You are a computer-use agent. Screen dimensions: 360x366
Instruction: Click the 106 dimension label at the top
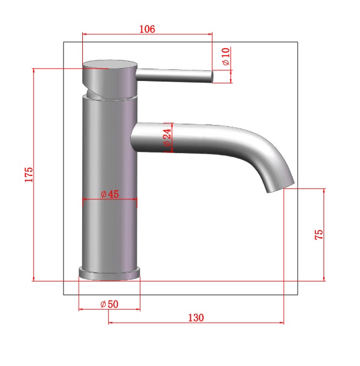[x=147, y=29]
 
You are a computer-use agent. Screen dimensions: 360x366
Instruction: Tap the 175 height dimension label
[x=29, y=175]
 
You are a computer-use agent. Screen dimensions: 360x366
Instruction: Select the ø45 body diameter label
[x=110, y=194]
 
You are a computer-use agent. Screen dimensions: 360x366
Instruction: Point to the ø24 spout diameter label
[x=167, y=137]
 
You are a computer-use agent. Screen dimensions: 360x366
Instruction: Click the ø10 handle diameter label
[x=226, y=56]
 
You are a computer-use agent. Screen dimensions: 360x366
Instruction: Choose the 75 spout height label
[x=319, y=235]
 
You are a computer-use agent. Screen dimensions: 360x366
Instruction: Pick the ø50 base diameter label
[x=109, y=304]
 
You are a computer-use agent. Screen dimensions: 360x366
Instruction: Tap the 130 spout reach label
[x=196, y=318]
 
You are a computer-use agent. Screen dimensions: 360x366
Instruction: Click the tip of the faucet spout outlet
[x=281, y=188]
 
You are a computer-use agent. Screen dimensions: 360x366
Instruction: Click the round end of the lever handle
[x=212, y=77]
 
